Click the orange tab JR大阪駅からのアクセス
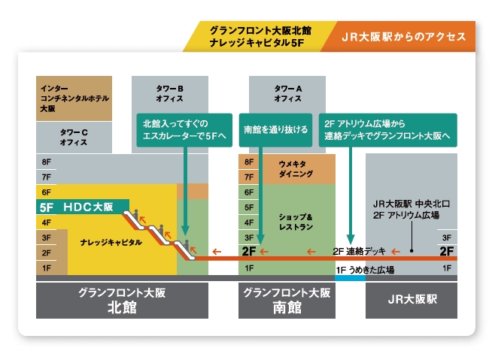click(x=404, y=37)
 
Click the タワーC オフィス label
click(x=74, y=138)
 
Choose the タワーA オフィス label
click(x=287, y=92)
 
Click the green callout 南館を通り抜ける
click(x=276, y=129)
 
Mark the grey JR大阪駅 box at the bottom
click(x=412, y=300)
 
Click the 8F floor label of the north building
click(x=47, y=162)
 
